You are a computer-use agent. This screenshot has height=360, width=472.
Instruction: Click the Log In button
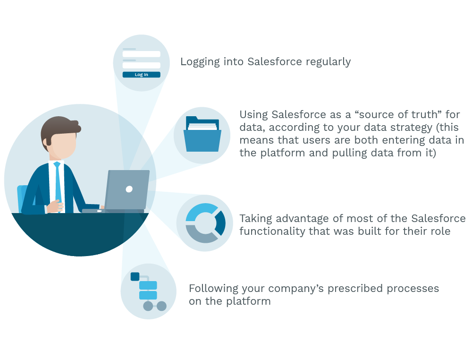141,75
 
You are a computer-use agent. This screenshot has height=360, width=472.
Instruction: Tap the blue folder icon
202,134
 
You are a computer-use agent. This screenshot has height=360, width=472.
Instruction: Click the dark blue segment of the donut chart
220,223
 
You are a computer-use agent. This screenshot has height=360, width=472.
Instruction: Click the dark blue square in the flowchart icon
135,276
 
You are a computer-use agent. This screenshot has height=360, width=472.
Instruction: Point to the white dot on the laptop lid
129,189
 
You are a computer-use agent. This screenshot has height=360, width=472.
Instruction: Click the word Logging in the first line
200,62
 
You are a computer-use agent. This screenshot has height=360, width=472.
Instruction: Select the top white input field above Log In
142,54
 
